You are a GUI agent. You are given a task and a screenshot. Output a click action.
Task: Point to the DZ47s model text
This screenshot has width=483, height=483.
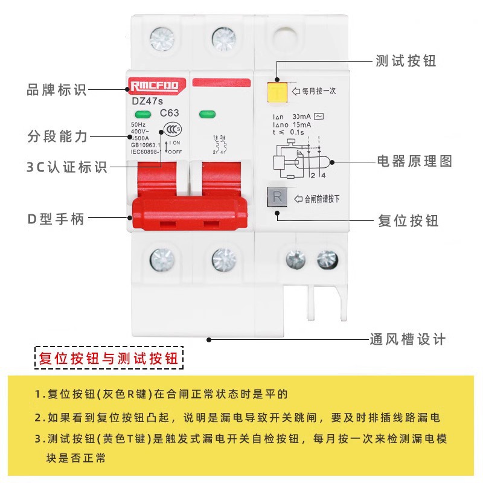point(145,101)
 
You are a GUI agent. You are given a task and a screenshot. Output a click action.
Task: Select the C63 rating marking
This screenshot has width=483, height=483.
point(169,113)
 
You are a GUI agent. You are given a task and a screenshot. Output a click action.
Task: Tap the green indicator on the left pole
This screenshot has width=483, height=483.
point(143,114)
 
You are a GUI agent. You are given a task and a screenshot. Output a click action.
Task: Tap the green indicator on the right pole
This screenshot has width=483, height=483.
point(207,114)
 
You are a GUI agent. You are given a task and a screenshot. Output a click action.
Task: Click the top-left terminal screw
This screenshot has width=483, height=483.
point(161,39)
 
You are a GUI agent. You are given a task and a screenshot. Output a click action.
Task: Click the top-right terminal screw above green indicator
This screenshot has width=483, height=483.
point(224,39)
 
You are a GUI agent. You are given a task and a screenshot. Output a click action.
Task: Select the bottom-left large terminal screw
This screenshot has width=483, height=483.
point(161,260)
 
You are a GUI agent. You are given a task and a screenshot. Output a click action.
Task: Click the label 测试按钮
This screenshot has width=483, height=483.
point(406,61)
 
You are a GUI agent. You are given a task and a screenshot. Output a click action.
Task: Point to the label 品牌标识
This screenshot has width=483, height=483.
point(57,91)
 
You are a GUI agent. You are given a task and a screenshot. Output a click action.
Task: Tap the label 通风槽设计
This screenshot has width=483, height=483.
point(408,339)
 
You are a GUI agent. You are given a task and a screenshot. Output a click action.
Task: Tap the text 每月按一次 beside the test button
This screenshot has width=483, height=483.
point(323,91)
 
